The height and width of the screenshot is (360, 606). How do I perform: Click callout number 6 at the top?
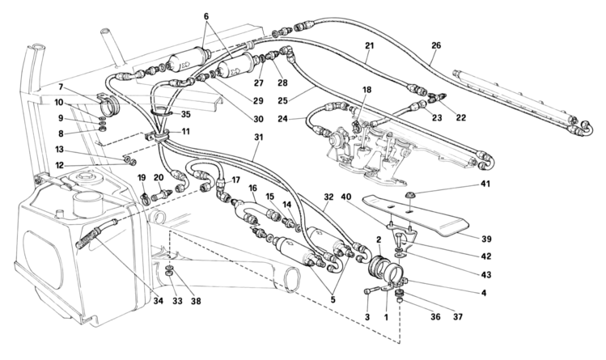206,16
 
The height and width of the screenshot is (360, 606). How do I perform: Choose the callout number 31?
257,138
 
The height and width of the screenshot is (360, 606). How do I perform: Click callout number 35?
184,115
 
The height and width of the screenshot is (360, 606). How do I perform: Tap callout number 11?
185,130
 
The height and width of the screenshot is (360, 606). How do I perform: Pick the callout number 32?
328,197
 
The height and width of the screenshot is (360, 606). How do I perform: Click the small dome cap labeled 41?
411,193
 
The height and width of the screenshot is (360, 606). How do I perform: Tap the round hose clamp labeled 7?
112,106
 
